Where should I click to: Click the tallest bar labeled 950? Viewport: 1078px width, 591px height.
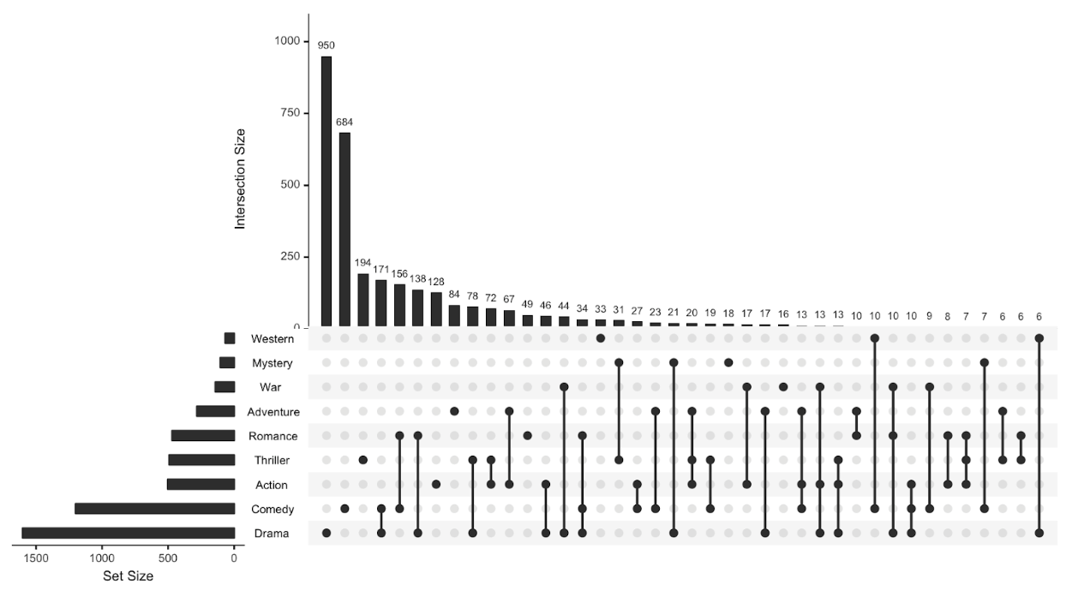[326, 192]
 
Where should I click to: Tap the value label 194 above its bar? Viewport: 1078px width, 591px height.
[362, 263]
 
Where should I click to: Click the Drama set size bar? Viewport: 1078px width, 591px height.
[128, 534]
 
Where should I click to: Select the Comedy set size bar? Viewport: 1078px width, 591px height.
[154, 510]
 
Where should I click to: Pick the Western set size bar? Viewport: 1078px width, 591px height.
[229, 339]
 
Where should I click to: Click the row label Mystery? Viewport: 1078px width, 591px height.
[272, 363]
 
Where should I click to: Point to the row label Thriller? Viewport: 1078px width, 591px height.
[272, 461]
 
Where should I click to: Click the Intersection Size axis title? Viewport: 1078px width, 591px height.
[241, 178]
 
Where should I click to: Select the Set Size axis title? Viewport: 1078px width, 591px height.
[128, 576]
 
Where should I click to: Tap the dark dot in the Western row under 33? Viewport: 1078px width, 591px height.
[601, 338]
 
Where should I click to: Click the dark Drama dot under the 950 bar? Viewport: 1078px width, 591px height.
[326, 534]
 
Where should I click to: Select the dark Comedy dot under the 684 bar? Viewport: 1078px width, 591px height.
[344, 509]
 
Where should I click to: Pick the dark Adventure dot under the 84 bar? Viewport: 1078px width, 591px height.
[454, 412]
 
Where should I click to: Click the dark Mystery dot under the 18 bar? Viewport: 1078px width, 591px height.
[728, 362]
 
